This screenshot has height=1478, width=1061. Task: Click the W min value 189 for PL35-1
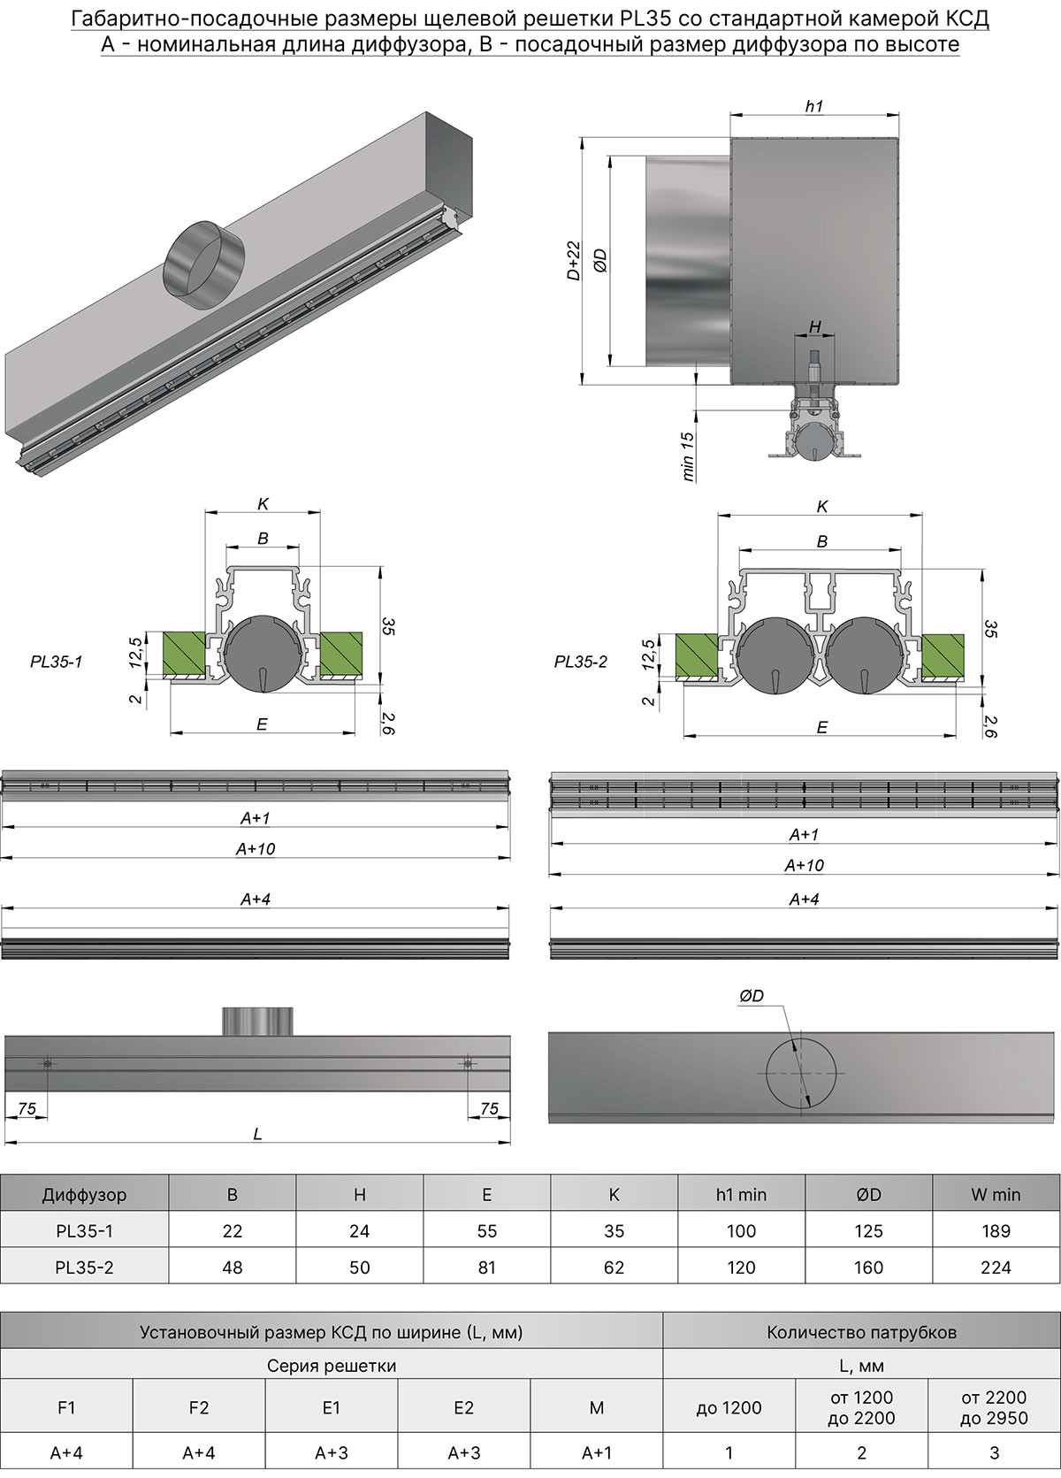pos(996,1230)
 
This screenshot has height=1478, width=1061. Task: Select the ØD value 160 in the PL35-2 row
pos(868,1267)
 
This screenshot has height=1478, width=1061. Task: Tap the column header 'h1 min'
pos(741,1194)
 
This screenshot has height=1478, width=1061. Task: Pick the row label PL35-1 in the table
pos(84,1230)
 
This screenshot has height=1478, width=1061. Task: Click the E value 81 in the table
pos(486,1267)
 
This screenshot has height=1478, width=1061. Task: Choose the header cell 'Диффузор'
pos(84,1194)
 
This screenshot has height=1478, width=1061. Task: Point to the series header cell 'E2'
pos(463,1407)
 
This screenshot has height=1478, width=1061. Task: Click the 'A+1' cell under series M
pos(597,1452)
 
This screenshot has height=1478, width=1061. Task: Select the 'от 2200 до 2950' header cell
pos(994,1407)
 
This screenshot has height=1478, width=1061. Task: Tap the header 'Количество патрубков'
pos(861,1332)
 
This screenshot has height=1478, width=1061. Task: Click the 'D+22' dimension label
pos(574,261)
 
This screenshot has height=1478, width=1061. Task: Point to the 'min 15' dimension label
pos(689,456)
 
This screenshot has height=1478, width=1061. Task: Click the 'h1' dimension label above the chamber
pos(814,106)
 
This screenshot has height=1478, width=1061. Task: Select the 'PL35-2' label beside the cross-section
pos(581,662)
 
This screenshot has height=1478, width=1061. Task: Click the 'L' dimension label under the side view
pos(257,1133)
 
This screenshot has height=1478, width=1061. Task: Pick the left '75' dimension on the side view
pos(27,1108)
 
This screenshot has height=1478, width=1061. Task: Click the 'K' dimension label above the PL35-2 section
pos(822,507)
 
